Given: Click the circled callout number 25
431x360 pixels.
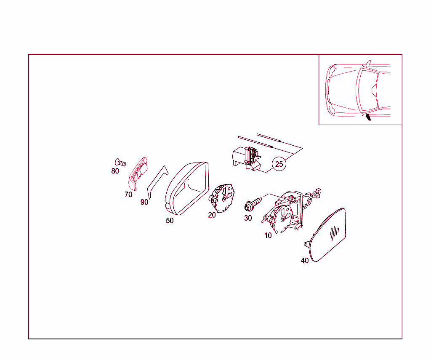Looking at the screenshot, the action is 279,164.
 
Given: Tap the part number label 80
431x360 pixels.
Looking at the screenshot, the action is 115,171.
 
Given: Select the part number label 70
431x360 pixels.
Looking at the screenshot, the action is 128,195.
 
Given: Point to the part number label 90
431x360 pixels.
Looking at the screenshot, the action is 144,202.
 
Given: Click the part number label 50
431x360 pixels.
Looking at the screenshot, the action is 170,221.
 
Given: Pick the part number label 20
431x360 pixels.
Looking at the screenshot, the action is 212,215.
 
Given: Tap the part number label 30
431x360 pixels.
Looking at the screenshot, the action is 248,218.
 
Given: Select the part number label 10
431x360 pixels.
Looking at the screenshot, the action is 268,235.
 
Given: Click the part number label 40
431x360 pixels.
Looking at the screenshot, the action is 305,261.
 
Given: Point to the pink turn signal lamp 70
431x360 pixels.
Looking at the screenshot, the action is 138,173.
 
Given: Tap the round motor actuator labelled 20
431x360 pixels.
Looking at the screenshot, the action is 222,198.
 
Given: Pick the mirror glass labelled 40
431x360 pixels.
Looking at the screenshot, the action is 327,235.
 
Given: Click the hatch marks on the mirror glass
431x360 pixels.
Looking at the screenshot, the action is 334,233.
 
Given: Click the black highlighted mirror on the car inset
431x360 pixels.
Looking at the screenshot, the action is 368,117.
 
